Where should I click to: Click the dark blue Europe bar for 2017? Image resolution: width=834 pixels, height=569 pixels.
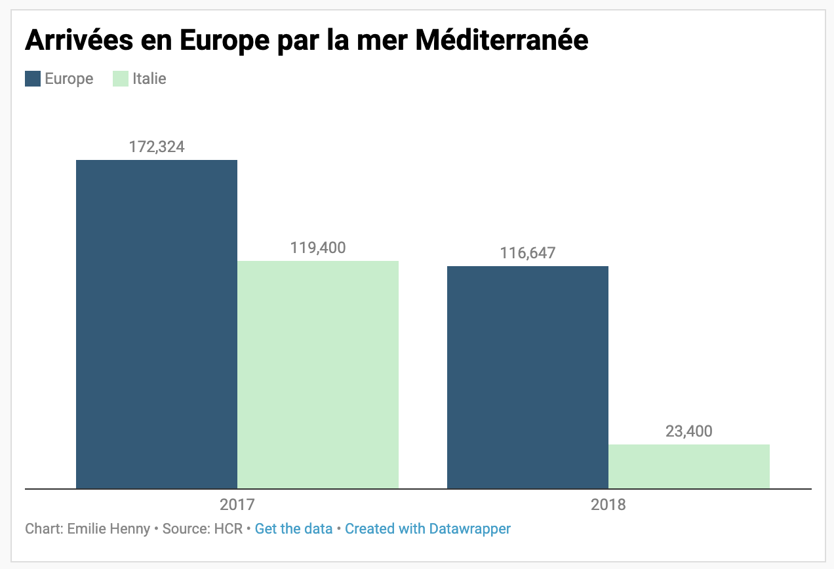[156, 324]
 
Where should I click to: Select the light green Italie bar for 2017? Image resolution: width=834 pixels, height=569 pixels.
[317, 374]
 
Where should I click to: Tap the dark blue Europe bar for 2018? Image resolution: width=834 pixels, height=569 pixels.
[527, 377]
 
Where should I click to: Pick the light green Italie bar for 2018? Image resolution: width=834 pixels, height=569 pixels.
[688, 466]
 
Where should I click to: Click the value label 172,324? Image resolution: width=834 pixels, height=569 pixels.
[157, 146]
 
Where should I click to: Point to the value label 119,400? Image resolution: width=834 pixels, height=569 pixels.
[317, 248]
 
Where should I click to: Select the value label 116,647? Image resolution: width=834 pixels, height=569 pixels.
[527, 252]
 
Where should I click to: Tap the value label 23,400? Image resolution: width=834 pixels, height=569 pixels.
[688, 431]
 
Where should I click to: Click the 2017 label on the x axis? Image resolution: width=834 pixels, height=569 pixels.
[237, 505]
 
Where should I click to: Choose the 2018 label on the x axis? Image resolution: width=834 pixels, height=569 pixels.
[608, 505]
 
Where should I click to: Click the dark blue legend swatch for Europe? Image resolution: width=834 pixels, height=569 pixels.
[33, 79]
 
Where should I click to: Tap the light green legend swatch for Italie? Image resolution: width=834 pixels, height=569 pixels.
[121, 79]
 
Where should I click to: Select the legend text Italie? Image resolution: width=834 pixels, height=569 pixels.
[149, 79]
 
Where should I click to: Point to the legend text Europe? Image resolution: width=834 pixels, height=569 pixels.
[69, 79]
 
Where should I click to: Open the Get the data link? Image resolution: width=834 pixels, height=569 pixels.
[294, 528]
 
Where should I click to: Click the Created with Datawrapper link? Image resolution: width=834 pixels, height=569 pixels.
[427, 528]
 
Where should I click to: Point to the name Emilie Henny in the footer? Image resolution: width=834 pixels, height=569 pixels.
[109, 528]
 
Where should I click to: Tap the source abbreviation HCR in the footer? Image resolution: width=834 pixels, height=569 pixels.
[229, 528]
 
